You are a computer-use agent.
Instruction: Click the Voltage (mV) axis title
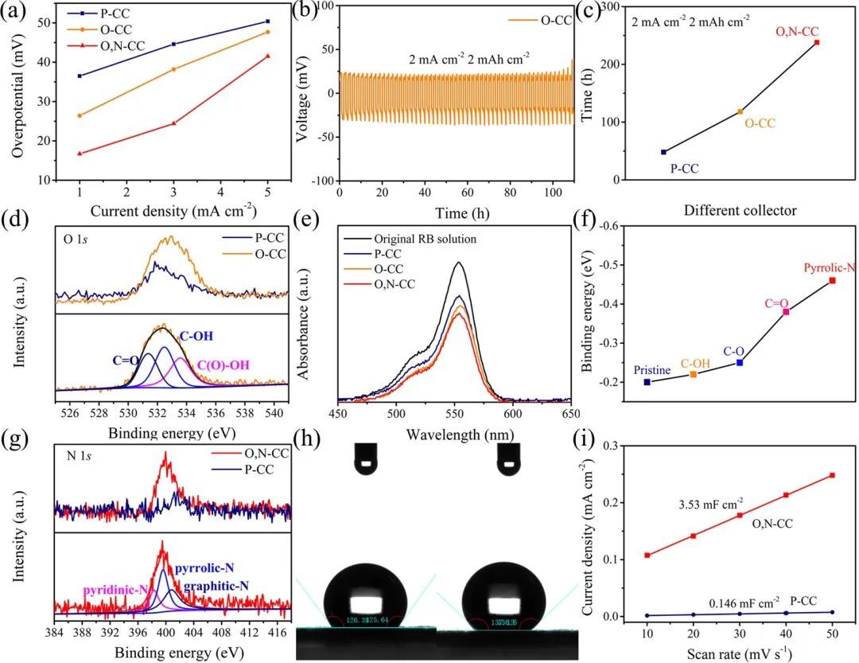tap(304, 94)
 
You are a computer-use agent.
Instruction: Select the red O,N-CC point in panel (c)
tap(817, 42)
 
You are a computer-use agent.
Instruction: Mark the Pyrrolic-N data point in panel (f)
tap(832, 280)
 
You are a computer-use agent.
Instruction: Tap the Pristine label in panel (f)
tap(652, 370)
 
